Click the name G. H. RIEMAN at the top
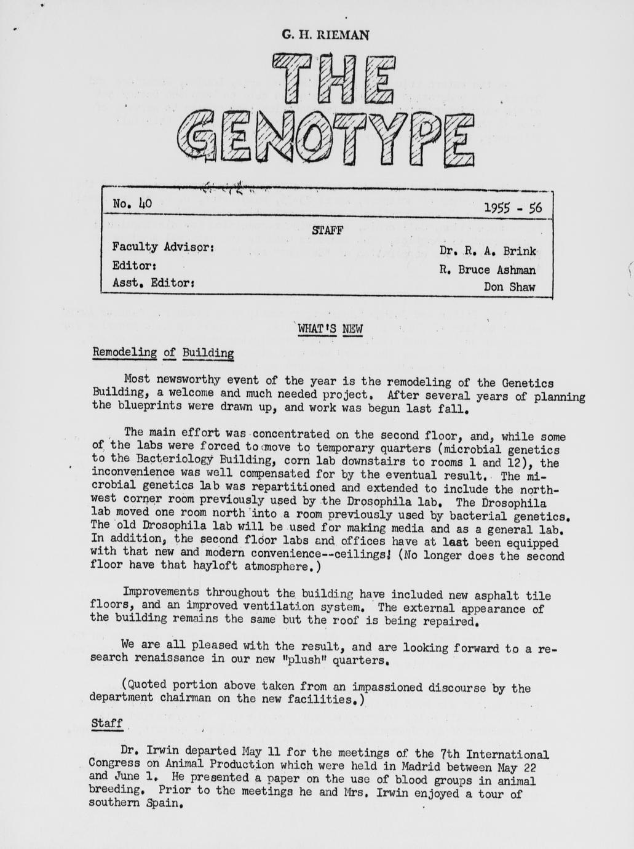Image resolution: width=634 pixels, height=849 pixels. pos(325,35)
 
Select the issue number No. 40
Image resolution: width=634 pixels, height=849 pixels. pos(132,203)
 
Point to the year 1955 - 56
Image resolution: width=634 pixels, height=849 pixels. pos(513,208)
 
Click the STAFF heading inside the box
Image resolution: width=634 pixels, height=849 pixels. pos(327,231)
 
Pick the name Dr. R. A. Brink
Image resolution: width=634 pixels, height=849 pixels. pos(487,251)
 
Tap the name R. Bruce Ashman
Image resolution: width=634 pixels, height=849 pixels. pos(487,269)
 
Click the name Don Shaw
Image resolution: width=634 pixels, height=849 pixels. pos(509,287)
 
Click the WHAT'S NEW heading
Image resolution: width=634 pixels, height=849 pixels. pos(330,329)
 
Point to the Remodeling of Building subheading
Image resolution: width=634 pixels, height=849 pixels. pos(163,353)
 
